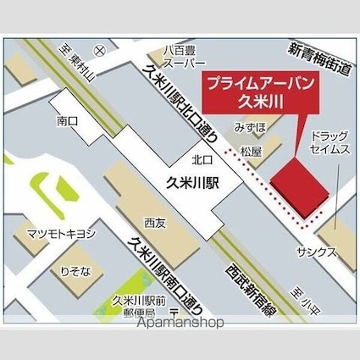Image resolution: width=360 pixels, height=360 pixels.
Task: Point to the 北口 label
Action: (x=202, y=158)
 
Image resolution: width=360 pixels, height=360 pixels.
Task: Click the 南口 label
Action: (x=69, y=121)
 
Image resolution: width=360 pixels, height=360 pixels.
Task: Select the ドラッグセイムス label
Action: (x=329, y=142)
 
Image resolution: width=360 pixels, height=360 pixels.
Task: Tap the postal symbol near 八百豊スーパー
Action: (x=99, y=53)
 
